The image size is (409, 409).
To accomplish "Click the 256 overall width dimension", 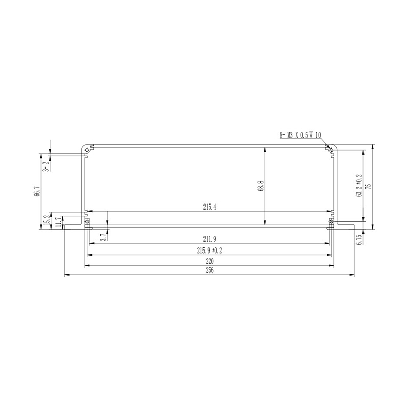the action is (210, 270).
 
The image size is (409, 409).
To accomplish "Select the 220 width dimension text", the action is (210, 261).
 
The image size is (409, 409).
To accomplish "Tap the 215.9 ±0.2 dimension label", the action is (210, 251).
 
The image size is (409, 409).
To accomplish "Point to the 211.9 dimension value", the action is (210, 239).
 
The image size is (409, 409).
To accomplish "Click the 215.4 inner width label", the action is (210, 207).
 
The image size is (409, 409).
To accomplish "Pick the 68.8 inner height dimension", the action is (261, 186).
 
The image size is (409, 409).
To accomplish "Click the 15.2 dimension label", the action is (47, 220).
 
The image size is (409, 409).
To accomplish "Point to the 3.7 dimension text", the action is (104, 237).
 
